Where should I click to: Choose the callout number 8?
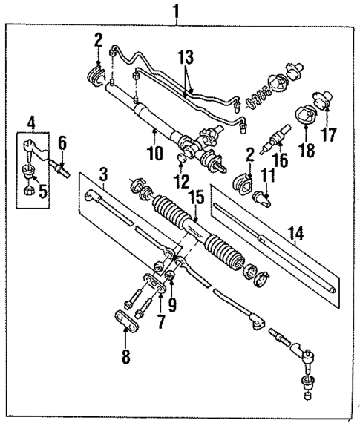[125, 355]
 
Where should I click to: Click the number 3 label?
[105, 175]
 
